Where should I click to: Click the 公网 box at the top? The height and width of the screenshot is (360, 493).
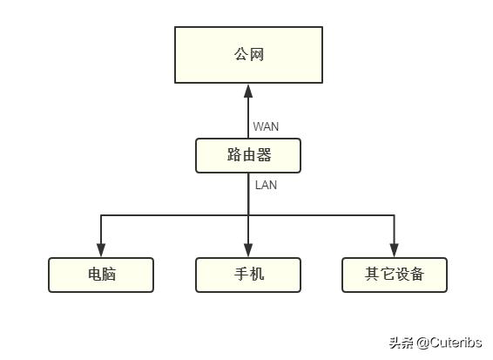coord(248,54)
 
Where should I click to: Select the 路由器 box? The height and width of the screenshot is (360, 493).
coord(248,155)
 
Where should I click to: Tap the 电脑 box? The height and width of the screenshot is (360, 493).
coord(101,275)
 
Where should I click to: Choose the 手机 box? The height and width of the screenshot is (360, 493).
coord(248,275)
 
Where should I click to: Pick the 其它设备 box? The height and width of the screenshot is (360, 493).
coord(394,275)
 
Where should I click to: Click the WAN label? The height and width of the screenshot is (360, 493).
coord(266,126)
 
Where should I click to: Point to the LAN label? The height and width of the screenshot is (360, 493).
coord(266,185)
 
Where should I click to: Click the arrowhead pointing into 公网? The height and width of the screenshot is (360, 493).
coord(248,90)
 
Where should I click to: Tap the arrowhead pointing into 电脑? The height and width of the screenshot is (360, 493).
coord(101,251)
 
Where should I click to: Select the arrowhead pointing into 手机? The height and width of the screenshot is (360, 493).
coord(248,251)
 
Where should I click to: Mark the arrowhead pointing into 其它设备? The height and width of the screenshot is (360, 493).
coord(394,251)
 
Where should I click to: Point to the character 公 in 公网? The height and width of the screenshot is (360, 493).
coord(241,55)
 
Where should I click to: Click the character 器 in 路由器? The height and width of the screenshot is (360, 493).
coord(264,155)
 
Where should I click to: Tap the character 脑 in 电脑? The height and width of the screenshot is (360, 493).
coord(109,275)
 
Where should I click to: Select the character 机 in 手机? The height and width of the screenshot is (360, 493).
coord(256,275)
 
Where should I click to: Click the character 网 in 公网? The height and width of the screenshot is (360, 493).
coord(256,55)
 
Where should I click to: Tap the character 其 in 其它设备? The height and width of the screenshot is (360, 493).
coord(373,275)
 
